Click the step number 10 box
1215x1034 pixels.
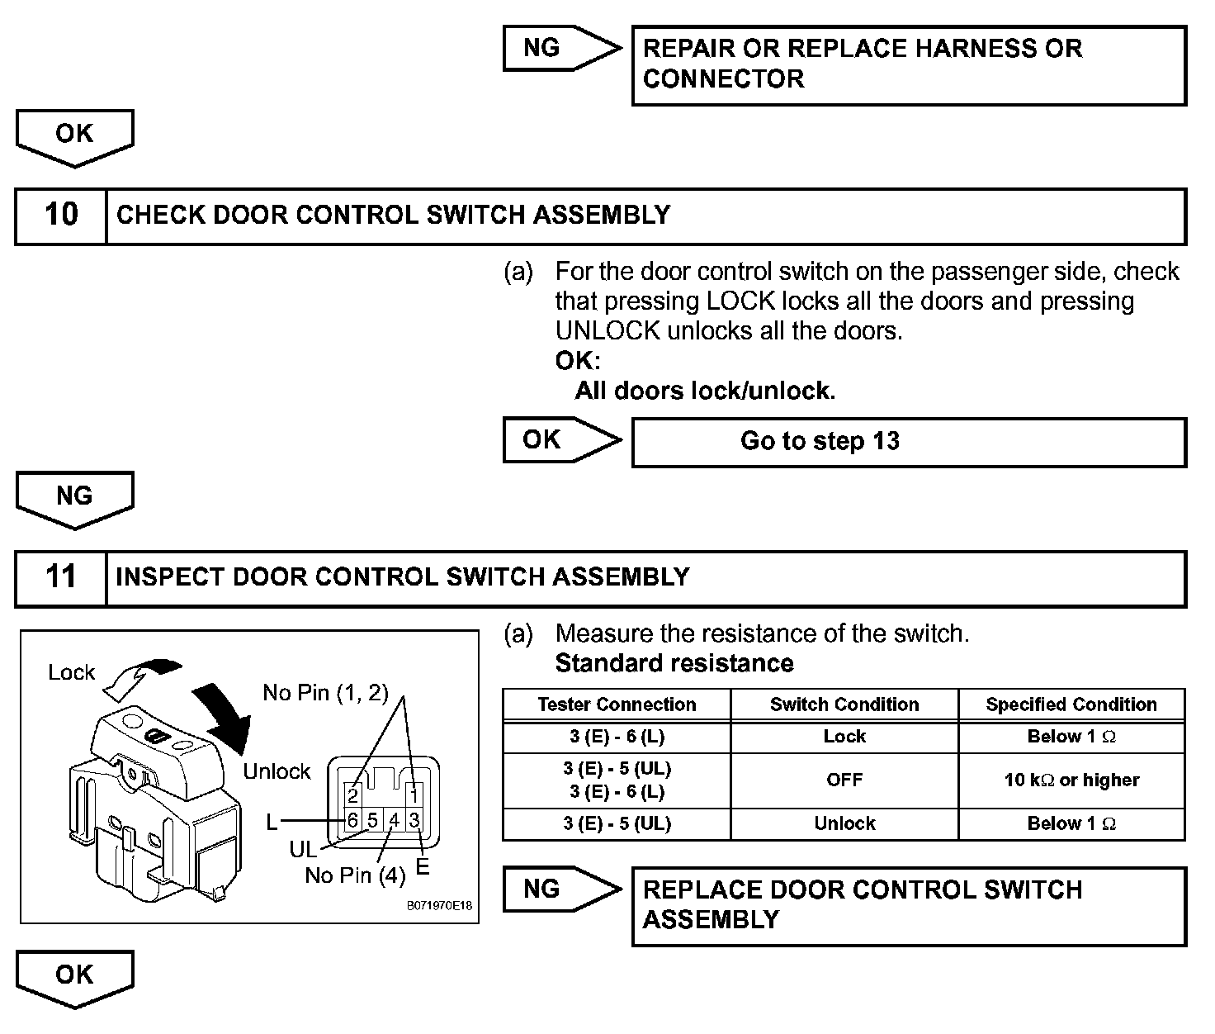click(x=61, y=216)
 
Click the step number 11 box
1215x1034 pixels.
click(x=61, y=577)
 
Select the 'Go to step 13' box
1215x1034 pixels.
click(x=908, y=442)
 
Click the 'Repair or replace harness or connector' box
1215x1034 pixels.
click(x=908, y=64)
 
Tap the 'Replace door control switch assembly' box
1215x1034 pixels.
click(x=908, y=905)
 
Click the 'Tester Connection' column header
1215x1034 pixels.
click(x=617, y=704)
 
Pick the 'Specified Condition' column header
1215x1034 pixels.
click(x=1071, y=704)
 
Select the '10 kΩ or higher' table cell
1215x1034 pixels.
click(x=1071, y=780)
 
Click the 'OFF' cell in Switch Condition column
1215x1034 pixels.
click(x=844, y=780)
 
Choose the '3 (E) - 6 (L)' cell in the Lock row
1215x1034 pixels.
click(x=617, y=737)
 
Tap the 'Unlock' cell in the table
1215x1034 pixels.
click(x=844, y=823)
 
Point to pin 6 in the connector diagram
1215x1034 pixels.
click(x=353, y=820)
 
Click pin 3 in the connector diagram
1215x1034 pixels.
click(x=414, y=820)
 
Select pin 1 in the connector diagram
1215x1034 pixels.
click(x=414, y=794)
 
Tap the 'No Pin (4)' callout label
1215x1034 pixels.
click(x=355, y=875)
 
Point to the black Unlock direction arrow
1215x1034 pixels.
click(x=228, y=714)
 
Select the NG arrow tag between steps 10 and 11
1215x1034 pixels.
click(x=74, y=498)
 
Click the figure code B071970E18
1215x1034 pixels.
click(x=440, y=906)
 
